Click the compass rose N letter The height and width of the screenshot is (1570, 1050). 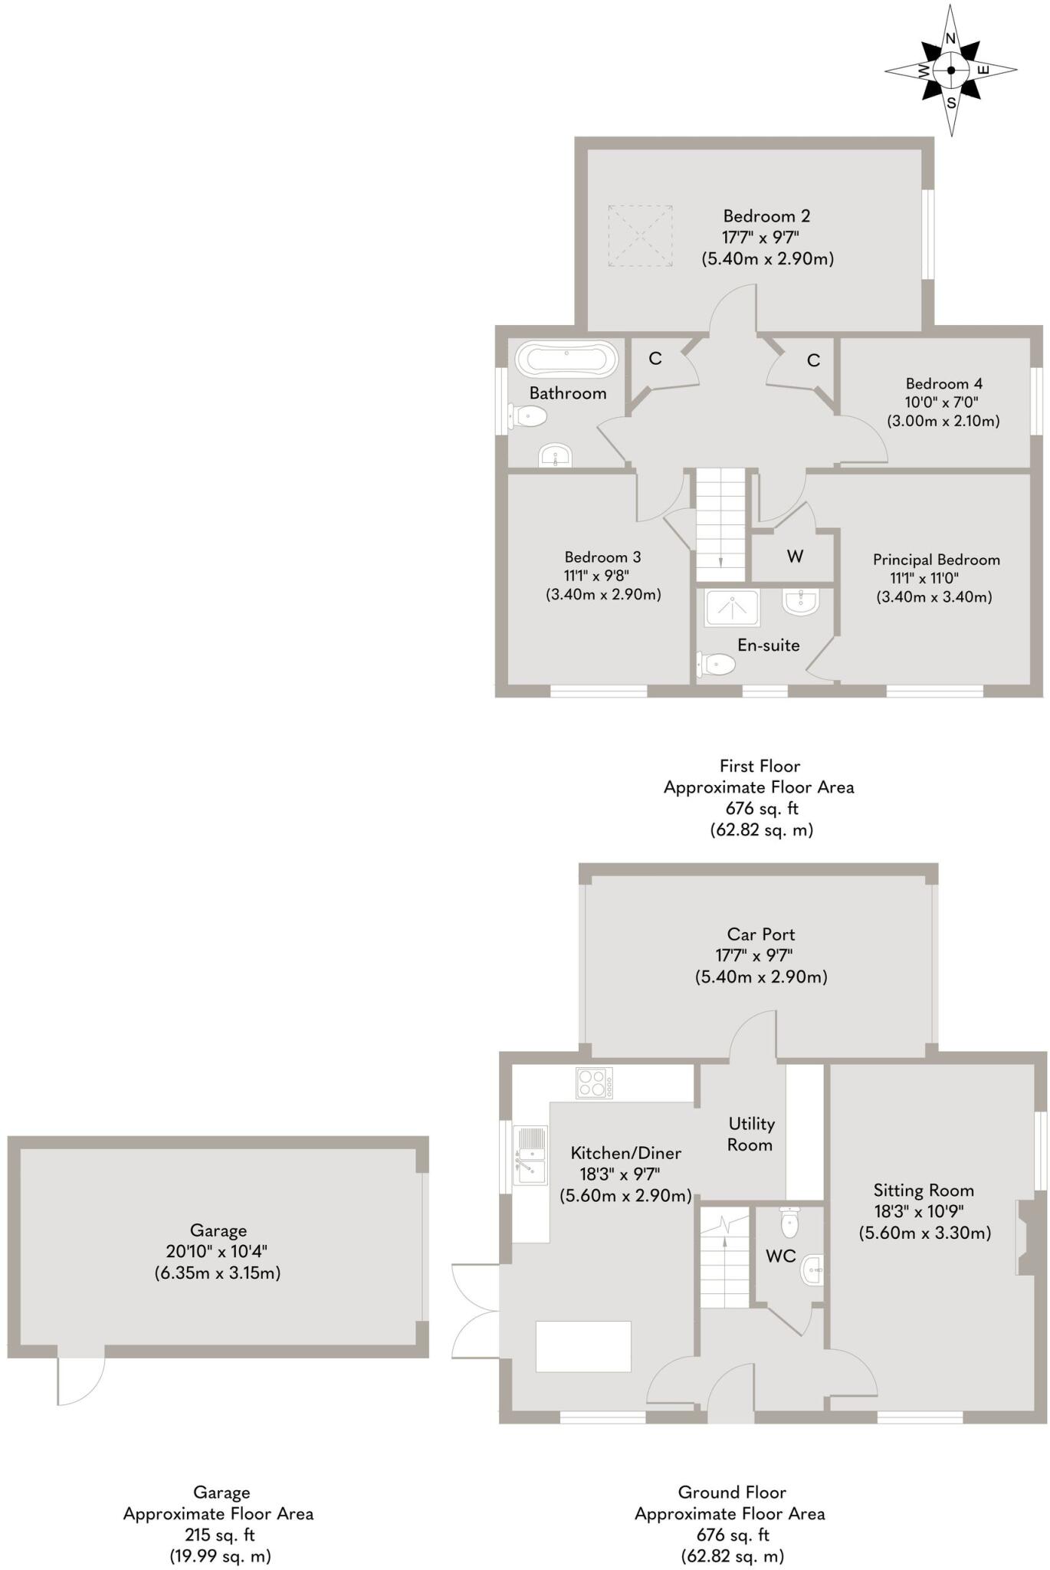click(950, 39)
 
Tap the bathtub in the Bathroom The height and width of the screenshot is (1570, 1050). click(566, 358)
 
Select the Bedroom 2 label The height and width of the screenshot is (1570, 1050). click(766, 216)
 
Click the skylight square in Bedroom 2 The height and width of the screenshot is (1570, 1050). click(641, 235)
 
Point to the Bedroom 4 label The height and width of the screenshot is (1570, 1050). click(943, 383)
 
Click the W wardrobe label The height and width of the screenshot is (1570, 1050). click(795, 557)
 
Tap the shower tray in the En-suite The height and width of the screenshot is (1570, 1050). click(732, 607)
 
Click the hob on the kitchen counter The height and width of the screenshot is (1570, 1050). click(594, 1082)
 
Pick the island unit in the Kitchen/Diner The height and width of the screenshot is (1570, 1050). click(583, 1346)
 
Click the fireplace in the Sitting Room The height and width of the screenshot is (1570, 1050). click(1025, 1237)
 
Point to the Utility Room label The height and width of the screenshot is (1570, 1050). click(750, 1134)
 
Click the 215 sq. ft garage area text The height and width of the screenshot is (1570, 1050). click(219, 1535)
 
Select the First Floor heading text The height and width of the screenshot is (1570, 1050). click(760, 766)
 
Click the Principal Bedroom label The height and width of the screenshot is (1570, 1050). click(936, 560)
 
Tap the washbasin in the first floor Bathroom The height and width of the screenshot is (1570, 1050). click(555, 457)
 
